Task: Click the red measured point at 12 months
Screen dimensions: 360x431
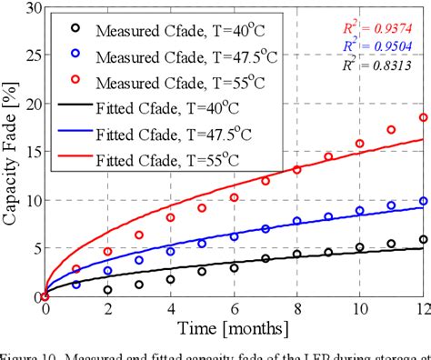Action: [x=423, y=117]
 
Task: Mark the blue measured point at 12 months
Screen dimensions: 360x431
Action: [x=423, y=201]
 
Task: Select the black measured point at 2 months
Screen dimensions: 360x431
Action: [x=107, y=290]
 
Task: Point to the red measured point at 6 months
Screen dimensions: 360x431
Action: [x=234, y=197]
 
